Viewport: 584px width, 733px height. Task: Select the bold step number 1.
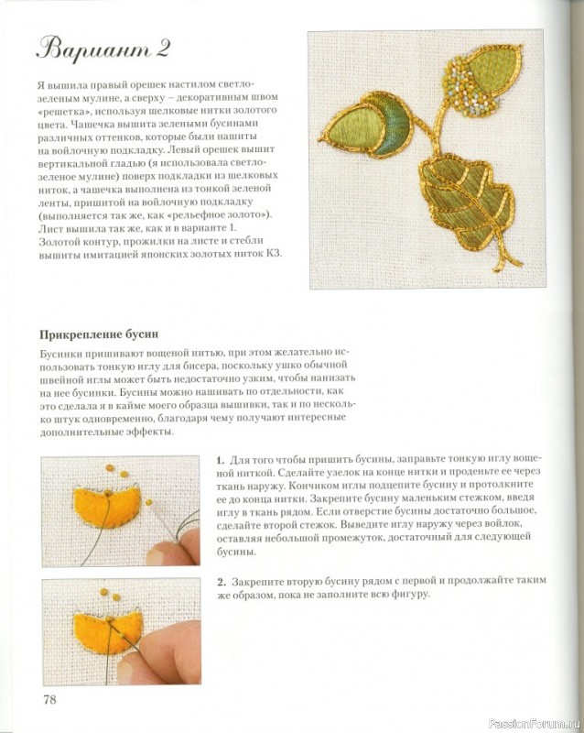(x=221, y=458)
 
